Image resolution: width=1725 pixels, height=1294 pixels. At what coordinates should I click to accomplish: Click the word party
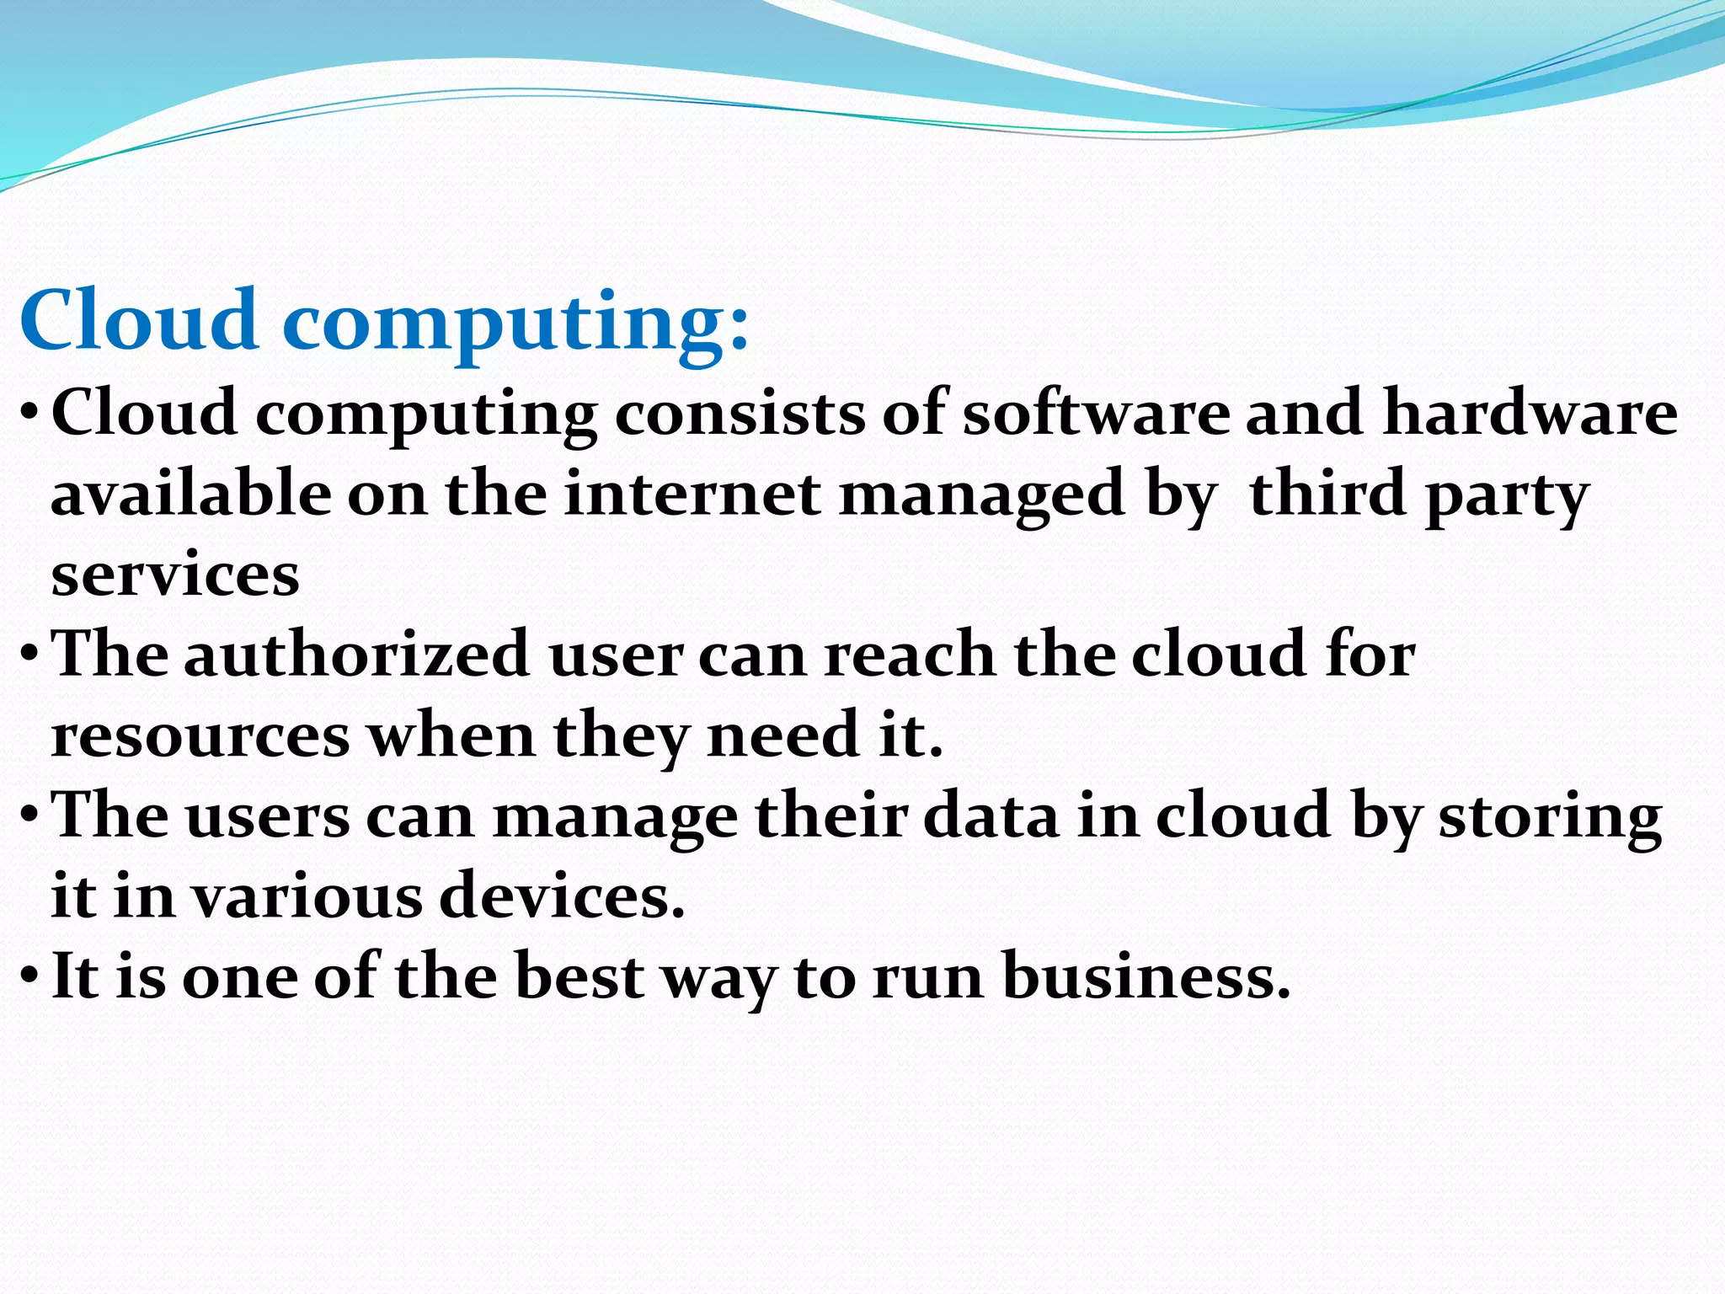(x=1506, y=497)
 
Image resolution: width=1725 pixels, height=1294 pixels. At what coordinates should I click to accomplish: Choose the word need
(x=783, y=735)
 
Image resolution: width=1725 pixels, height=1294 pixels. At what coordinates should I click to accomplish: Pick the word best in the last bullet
(x=579, y=977)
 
